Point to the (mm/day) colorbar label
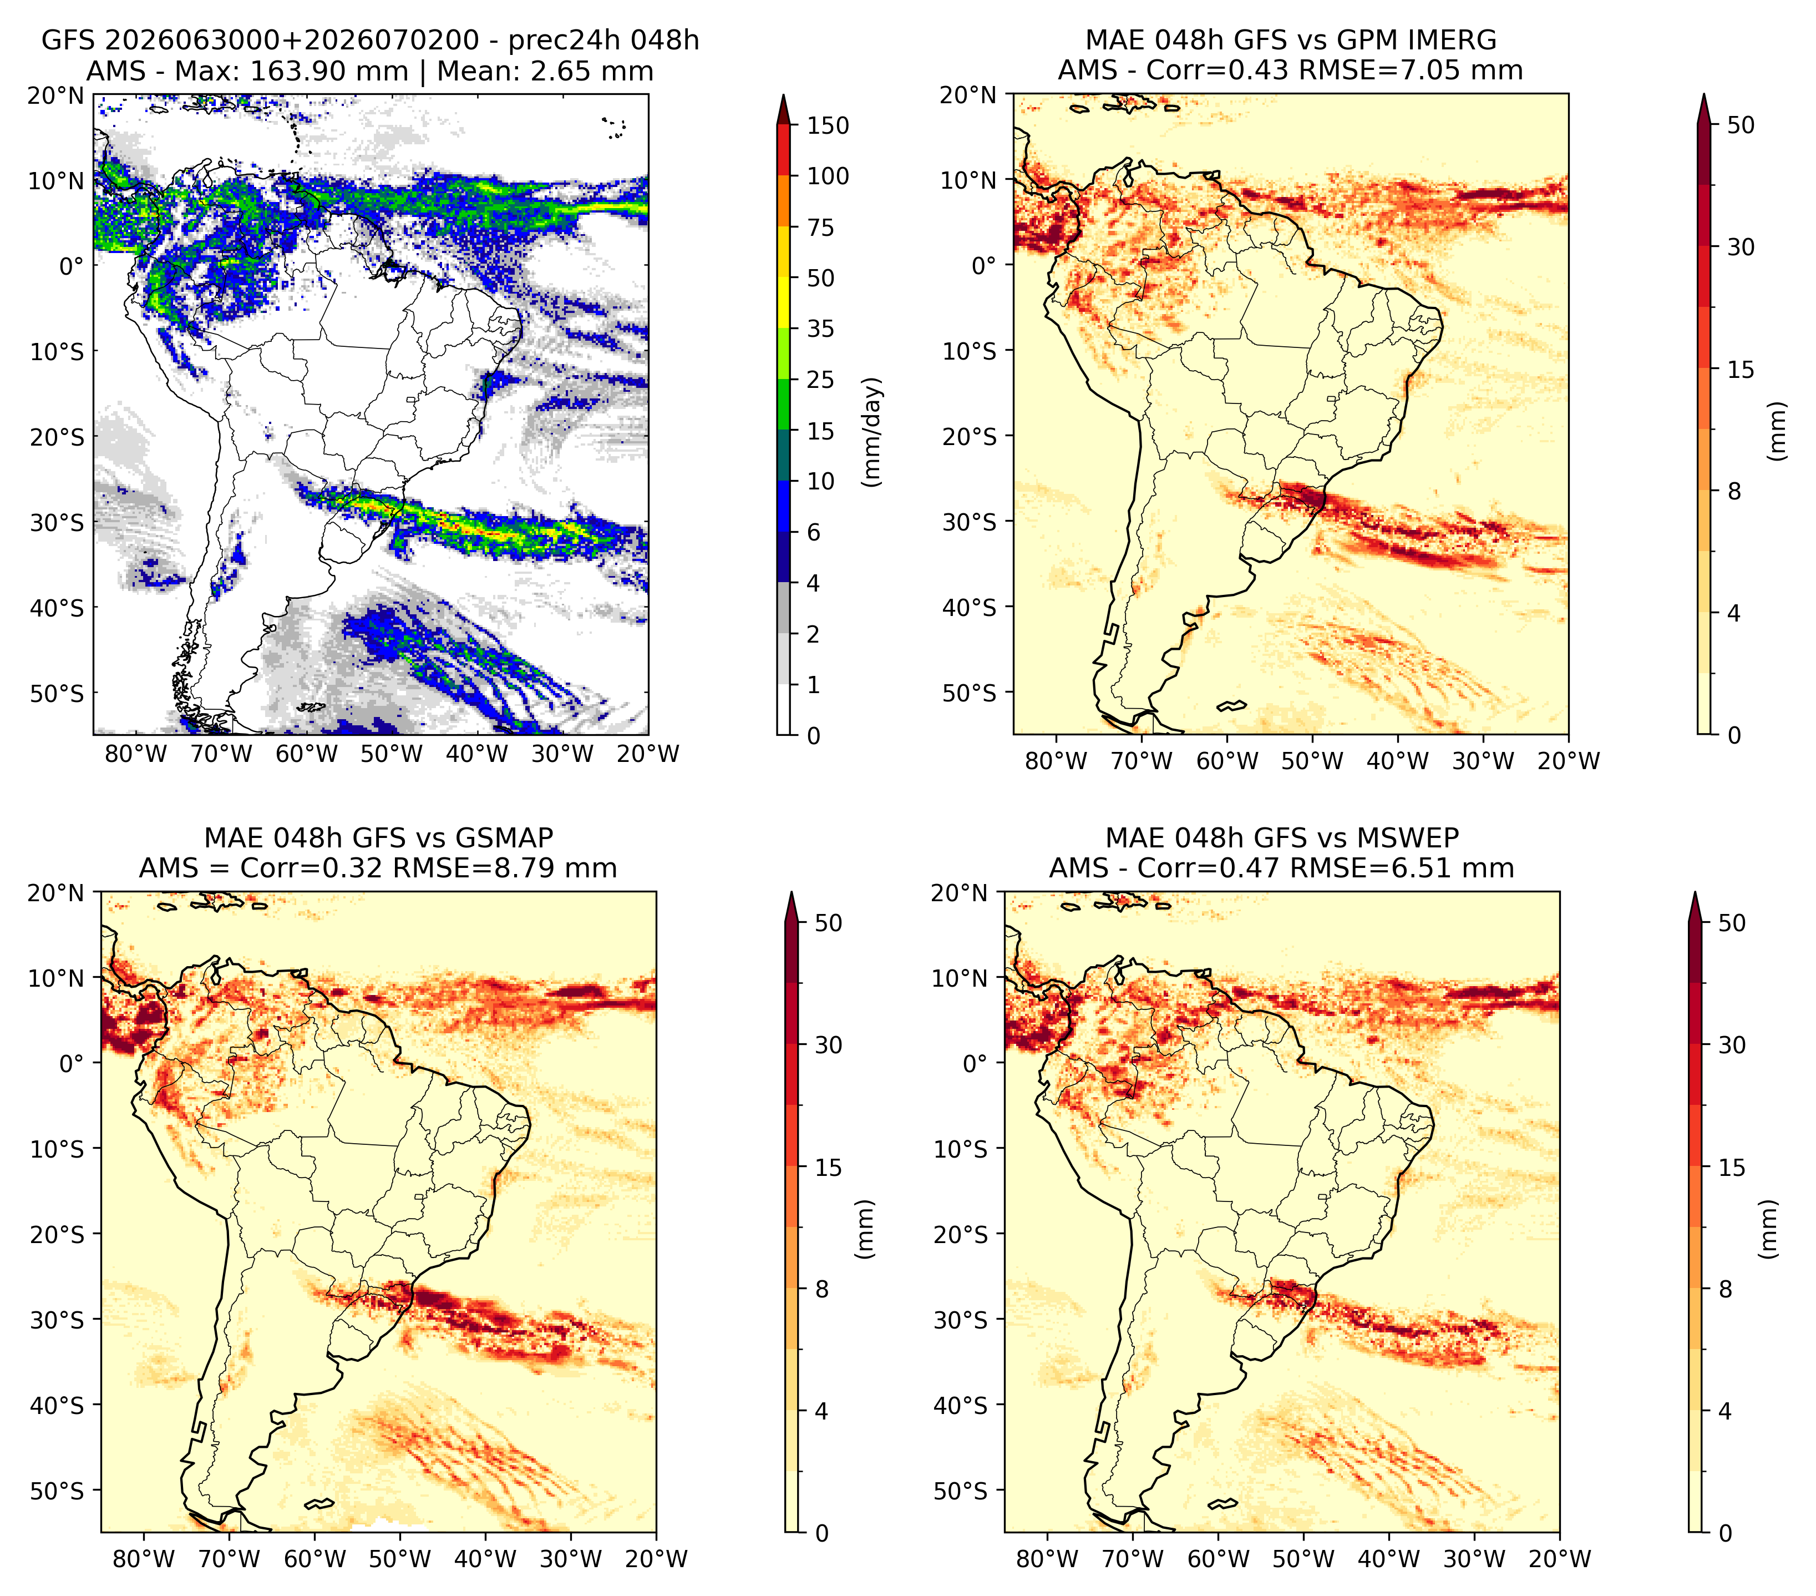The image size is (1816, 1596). coord(874,432)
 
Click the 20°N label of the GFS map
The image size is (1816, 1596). coord(56,95)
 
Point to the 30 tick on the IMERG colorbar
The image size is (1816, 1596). coord(1741,247)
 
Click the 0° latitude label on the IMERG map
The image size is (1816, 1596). coord(985,265)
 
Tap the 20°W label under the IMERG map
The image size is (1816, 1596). coord(1568,761)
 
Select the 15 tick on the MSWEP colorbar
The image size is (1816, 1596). coord(1732,1167)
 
